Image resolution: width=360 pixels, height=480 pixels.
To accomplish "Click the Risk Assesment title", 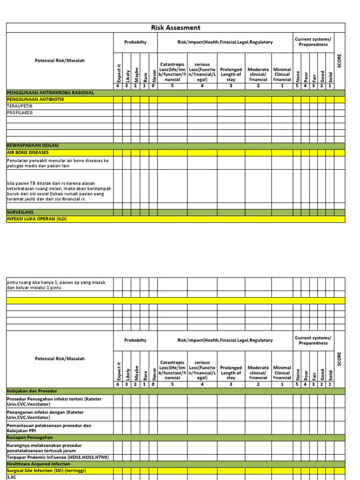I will tap(175, 28).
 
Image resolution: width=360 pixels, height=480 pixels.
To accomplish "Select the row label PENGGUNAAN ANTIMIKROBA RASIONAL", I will tap(50, 93).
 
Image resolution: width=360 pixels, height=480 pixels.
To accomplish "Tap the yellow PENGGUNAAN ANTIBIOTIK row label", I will tap(35, 100).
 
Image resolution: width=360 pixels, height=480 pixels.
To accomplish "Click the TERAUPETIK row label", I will tap(20, 106).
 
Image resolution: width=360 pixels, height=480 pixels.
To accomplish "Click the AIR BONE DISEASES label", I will tap(28, 152).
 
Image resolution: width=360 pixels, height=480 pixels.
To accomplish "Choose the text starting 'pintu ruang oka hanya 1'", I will tap(56, 285).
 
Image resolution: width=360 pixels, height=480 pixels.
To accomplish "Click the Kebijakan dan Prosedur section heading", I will tap(35, 391).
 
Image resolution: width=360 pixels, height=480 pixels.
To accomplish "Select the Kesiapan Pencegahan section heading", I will tap(30, 437).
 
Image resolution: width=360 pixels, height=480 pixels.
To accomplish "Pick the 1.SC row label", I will tap(11, 477).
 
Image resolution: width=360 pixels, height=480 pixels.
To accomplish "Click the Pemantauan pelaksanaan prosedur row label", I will tap(49, 427).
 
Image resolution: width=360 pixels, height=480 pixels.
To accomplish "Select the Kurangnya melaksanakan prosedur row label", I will tap(45, 447).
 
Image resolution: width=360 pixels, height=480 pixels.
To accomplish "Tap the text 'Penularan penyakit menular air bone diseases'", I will tap(58, 163).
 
